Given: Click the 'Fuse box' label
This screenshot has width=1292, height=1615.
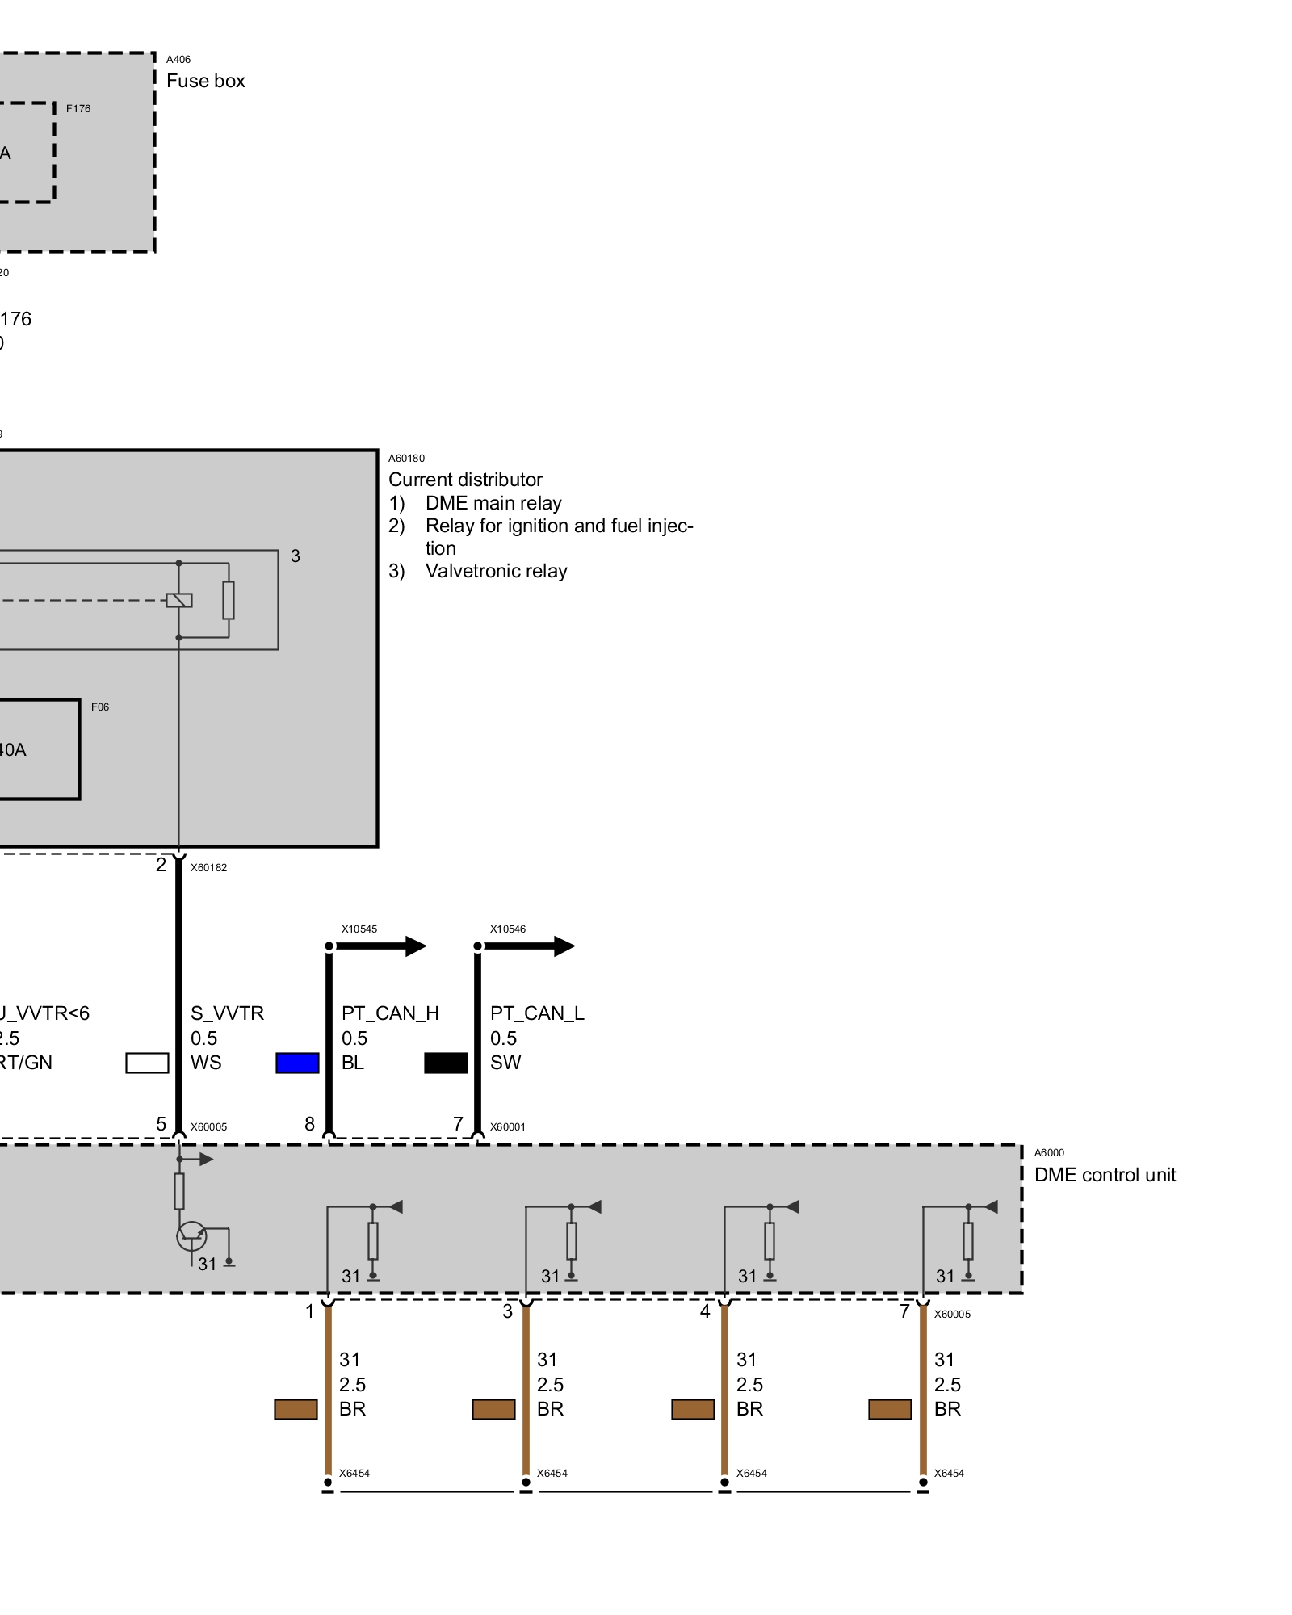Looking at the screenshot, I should point(205,81).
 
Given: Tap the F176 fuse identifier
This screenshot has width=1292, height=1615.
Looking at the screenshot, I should point(78,108).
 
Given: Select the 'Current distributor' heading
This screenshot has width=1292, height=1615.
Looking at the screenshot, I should point(465,480).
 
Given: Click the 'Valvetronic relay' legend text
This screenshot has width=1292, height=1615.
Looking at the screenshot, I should point(496,571).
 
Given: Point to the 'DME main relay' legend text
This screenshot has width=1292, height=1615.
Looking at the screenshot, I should point(493,503).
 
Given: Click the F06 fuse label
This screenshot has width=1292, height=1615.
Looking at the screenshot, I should point(100,707).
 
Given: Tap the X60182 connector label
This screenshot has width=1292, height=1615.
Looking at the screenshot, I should point(208,868).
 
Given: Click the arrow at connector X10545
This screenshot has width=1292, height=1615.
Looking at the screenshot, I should point(415,946).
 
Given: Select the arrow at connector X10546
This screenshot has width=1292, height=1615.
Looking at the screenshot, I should point(564,946).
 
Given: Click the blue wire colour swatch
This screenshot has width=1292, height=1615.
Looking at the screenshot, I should point(297,1063).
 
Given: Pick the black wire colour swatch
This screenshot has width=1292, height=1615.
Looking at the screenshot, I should point(446,1063).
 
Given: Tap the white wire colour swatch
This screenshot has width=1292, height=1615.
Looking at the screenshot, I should point(147,1063).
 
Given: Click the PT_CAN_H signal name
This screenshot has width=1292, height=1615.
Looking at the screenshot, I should point(390,1013).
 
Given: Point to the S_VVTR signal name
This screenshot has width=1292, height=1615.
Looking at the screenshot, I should point(227,1013).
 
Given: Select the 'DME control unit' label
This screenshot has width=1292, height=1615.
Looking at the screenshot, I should point(1105,1175).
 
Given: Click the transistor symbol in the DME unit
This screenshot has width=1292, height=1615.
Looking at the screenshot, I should point(191,1236).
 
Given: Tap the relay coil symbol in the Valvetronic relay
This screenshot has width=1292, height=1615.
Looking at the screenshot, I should point(179,600).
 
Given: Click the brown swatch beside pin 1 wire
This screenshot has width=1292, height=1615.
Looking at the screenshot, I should point(296,1409).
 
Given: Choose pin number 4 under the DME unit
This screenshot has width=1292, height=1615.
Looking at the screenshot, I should point(705,1311).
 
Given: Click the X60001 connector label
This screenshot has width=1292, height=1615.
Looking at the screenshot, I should point(507,1127).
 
